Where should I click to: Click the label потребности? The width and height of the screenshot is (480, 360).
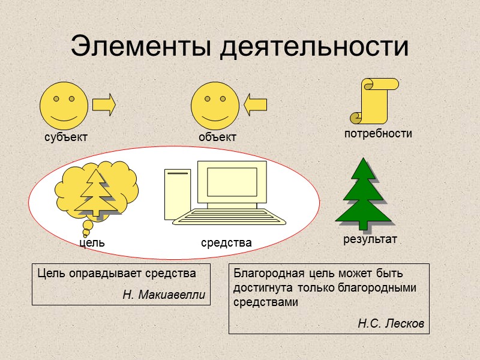(x=378, y=134)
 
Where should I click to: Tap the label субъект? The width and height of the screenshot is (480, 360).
(x=66, y=137)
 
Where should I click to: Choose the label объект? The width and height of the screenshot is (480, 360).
(x=218, y=137)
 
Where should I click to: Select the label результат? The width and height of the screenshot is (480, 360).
(x=370, y=240)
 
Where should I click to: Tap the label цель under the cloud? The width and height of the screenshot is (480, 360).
(x=92, y=243)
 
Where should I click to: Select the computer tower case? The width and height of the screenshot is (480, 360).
(x=177, y=195)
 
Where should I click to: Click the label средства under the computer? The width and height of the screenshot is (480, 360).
(x=226, y=243)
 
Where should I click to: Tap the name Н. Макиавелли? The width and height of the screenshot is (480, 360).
(x=163, y=295)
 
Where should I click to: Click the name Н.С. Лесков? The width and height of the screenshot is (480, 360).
(x=391, y=324)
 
